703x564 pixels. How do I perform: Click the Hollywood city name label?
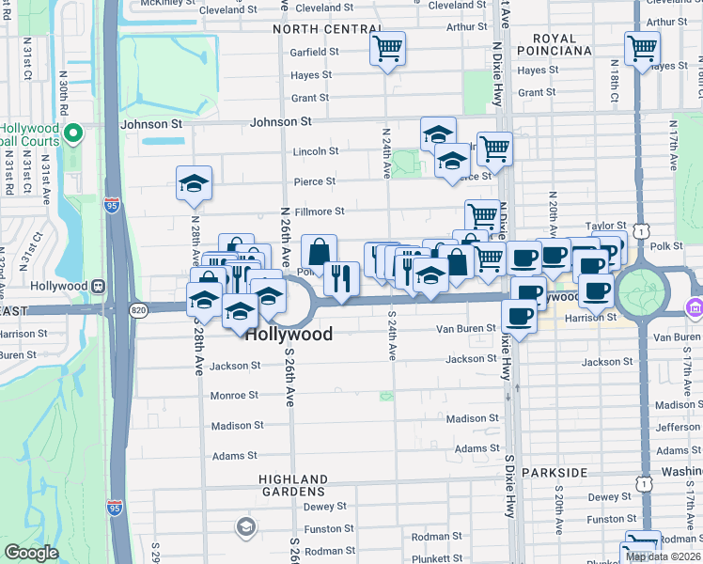pyautogui.click(x=289, y=334)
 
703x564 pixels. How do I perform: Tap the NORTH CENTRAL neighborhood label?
pyautogui.click(x=327, y=29)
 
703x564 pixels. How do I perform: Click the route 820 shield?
pyautogui.click(x=138, y=309)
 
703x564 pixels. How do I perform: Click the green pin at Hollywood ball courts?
pyautogui.click(x=71, y=134)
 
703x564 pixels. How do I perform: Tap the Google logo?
pyautogui.click(x=31, y=553)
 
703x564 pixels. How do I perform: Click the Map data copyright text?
pyautogui.click(x=664, y=556)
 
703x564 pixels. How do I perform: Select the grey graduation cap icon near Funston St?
pyautogui.click(x=245, y=525)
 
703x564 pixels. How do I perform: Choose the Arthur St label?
pyautogui.click(x=466, y=27)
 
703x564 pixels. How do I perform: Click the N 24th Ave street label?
pyautogui.click(x=387, y=152)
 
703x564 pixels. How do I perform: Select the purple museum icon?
pyautogui.click(x=695, y=306)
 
